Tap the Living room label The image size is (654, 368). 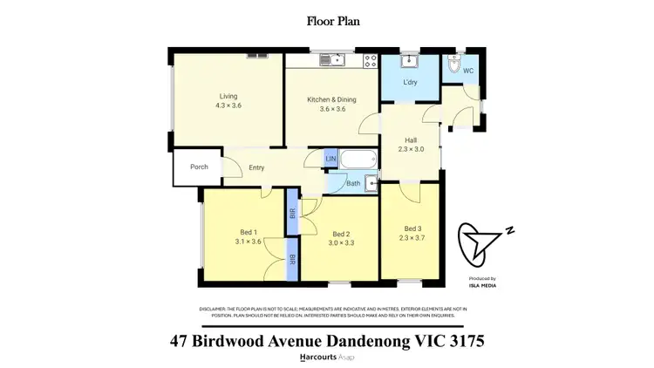[x=228, y=96]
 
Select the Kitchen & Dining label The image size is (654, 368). [x=331, y=99]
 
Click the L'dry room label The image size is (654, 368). [x=411, y=82]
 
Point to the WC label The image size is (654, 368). [x=467, y=70]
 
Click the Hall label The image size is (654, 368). [x=411, y=140]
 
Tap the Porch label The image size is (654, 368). [x=199, y=167]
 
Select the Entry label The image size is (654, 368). [x=255, y=167]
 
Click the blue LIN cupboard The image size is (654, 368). [x=330, y=159]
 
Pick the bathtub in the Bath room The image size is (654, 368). [x=358, y=160]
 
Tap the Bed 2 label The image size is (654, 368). [x=340, y=234]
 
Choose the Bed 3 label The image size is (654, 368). [x=412, y=228]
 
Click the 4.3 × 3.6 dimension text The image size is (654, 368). [x=228, y=106]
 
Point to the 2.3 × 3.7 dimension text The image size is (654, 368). [x=412, y=238]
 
